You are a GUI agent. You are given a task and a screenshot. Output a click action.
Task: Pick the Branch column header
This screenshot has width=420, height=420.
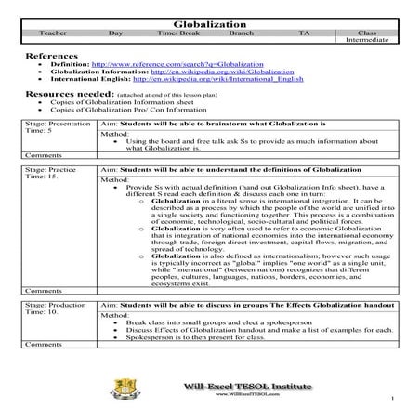(242, 33)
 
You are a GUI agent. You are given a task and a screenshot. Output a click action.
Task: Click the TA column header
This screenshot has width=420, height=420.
(304, 33)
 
